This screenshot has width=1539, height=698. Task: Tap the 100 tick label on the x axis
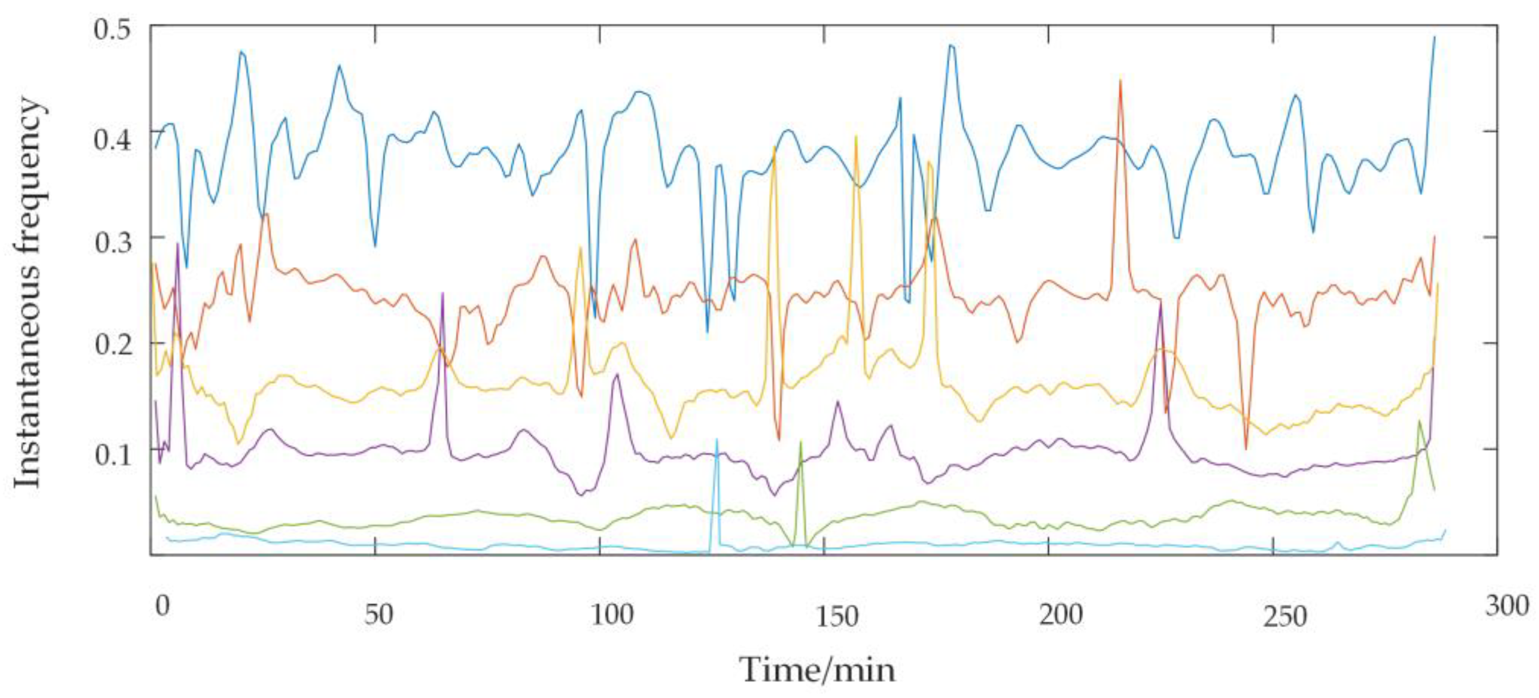click(612, 614)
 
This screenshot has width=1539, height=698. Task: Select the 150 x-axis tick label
click(837, 615)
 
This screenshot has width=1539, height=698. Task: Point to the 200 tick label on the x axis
click(1061, 614)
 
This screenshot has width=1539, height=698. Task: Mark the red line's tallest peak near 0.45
click(1120, 80)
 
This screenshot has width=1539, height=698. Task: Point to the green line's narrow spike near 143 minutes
click(801, 442)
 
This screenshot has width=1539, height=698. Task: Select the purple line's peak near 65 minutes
click(442, 293)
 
